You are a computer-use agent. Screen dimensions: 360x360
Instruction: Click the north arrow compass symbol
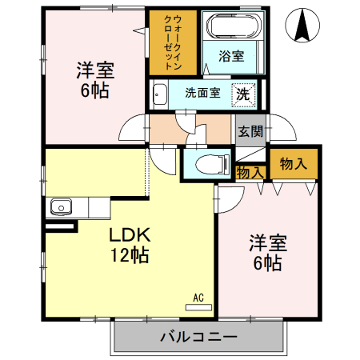(x=302, y=26)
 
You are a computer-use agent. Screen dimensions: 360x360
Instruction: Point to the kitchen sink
(x=62, y=207)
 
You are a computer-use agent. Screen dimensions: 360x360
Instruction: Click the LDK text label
(x=130, y=236)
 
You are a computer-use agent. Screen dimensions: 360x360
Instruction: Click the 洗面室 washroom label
(x=202, y=92)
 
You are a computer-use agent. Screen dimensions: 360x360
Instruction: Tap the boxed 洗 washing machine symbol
(x=243, y=93)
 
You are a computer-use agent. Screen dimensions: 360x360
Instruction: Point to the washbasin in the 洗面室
(x=158, y=92)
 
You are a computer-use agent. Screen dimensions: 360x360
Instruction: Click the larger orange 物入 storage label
(x=293, y=163)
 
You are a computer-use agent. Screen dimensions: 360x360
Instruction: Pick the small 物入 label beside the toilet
(x=250, y=172)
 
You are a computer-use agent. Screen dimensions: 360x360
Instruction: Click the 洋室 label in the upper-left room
(x=94, y=69)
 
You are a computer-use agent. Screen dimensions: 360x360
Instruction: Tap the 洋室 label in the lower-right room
(x=266, y=242)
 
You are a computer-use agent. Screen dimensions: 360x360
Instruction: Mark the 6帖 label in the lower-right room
(x=266, y=262)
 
